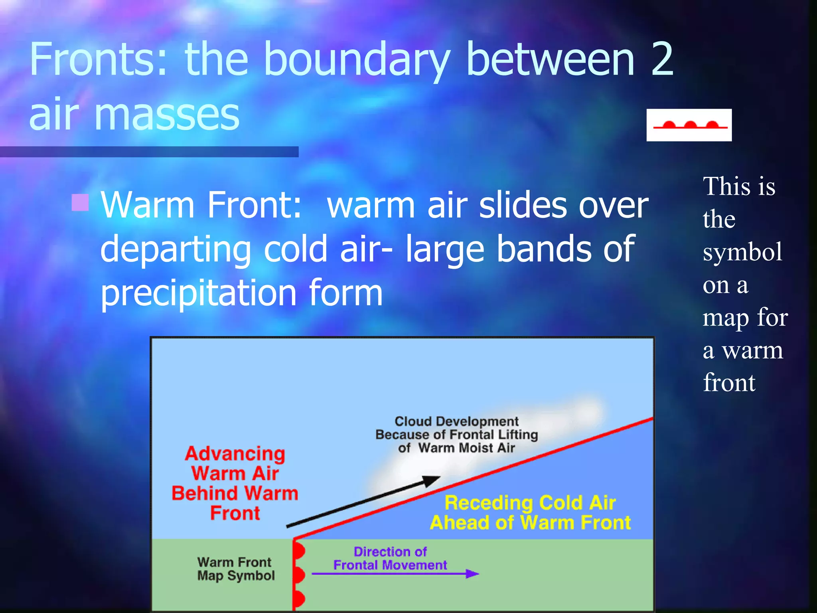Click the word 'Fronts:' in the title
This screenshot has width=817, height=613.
click(98, 60)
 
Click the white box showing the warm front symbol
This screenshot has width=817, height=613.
click(689, 125)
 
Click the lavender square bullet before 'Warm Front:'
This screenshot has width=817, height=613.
click(80, 202)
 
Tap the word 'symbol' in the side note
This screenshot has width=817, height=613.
click(742, 252)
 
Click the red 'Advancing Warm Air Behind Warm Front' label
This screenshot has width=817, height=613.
click(235, 483)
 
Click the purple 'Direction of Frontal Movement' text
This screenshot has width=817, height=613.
click(390, 558)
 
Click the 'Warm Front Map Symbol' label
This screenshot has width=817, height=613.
click(235, 569)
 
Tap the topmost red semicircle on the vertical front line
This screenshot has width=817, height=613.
click(300, 551)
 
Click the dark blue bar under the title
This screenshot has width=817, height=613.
click(149, 152)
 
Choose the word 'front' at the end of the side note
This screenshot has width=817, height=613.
click(729, 383)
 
